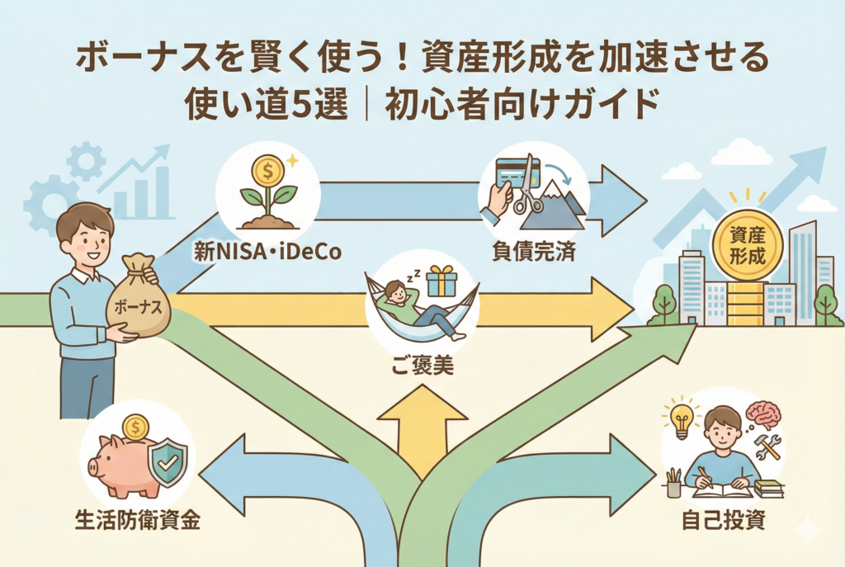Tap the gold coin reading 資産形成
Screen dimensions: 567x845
coord(747,246)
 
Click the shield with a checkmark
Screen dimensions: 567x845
coord(168,462)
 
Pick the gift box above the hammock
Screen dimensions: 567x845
coord(441,281)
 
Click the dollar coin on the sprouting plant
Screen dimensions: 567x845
coord(267,171)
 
